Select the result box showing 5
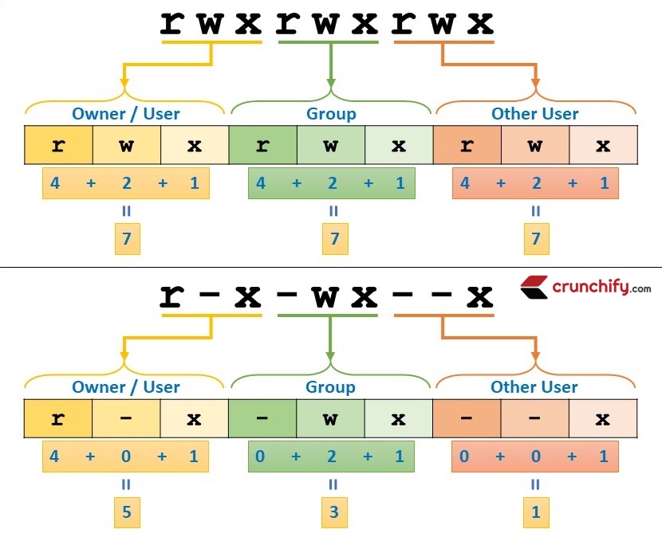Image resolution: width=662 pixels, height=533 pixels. tap(126, 511)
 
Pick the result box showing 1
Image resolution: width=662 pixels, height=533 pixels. tap(535, 511)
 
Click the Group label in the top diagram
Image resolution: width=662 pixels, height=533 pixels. tap(331, 114)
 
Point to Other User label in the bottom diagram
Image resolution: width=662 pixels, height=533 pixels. tap(535, 387)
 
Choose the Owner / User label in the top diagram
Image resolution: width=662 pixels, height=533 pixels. tap(126, 114)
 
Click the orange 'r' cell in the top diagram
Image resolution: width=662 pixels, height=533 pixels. tap(467, 145)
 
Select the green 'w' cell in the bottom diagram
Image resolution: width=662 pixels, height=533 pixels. tap(331, 418)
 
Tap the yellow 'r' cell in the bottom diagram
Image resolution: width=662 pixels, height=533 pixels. tap(58, 418)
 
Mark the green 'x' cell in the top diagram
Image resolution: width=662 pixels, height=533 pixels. tap(399, 145)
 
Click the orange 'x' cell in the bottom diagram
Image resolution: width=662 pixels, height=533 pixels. tap(603, 418)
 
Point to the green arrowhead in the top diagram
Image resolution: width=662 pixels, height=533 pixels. tap(331, 81)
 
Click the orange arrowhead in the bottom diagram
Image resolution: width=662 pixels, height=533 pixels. tap(535, 355)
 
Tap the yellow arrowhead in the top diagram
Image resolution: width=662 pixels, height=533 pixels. tap(125, 81)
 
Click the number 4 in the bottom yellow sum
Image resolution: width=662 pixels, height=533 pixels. tap(55, 457)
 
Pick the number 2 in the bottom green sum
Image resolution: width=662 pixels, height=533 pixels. tap(332, 457)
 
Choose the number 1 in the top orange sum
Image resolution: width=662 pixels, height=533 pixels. tap(604, 183)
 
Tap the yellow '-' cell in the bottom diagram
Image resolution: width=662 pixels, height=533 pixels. tap(126, 418)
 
